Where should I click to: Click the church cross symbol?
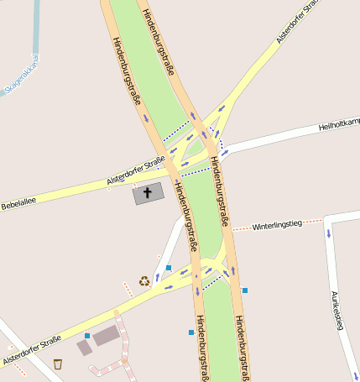[149, 192]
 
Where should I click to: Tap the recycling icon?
[144, 281]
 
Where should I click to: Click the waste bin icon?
[58, 364]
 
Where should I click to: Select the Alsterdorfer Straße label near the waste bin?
[32, 351]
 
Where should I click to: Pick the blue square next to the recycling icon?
[169, 268]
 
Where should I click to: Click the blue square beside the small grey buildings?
[87, 336]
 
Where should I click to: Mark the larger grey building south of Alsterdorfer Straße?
[107, 336]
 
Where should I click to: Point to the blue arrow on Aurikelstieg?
[329, 233]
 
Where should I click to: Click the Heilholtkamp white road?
[277, 139]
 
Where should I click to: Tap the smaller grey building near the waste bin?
[84, 347]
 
